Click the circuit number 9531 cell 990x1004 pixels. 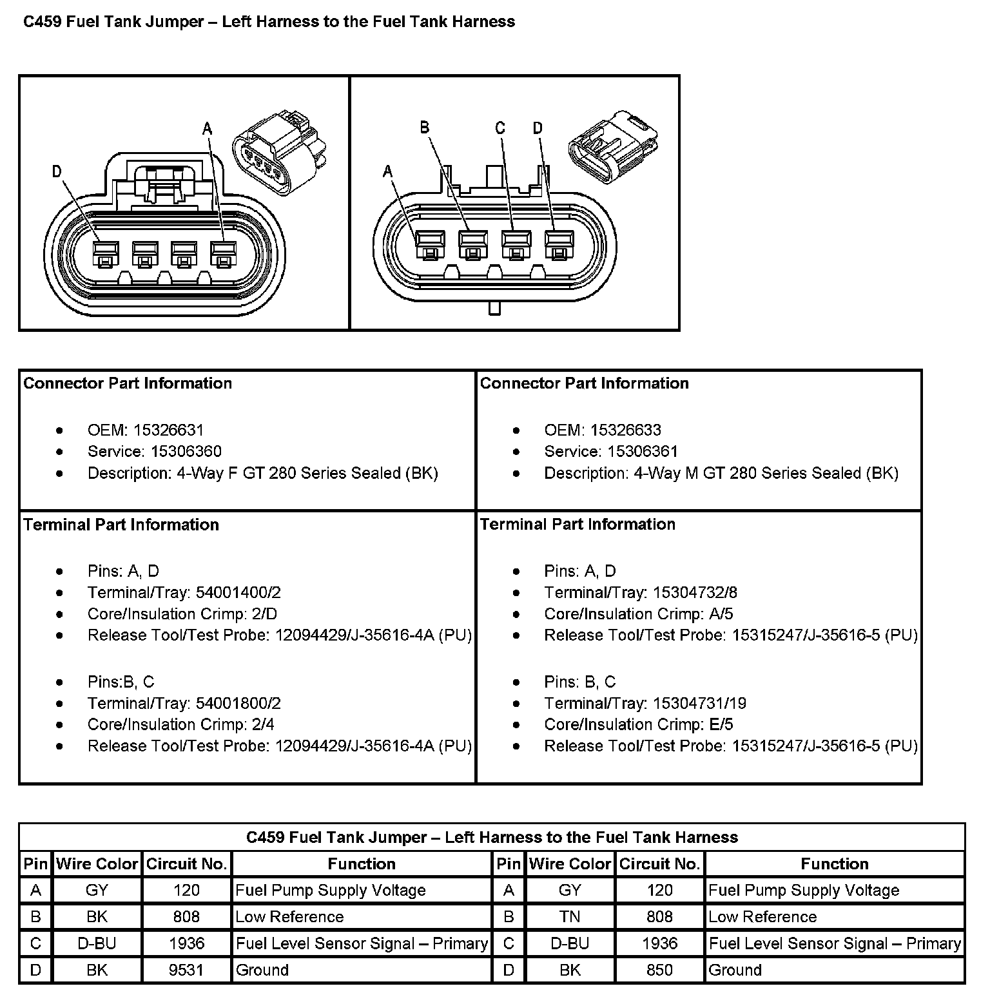[186, 970]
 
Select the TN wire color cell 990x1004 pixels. [570, 916]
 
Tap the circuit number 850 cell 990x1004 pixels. [659, 970]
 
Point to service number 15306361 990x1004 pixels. [634, 451]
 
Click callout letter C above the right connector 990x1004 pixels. [500, 128]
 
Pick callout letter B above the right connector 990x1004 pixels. [424, 128]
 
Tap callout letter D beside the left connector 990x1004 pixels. [57, 171]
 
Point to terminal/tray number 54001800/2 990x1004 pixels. [238, 703]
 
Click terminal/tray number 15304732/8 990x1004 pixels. [695, 592]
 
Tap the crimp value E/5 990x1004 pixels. [721, 724]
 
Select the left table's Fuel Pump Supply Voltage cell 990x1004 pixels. [331, 890]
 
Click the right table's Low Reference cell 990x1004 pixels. [762, 916]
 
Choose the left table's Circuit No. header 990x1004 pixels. [186, 864]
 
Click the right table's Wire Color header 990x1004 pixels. [570, 864]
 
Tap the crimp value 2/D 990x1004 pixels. [264, 613]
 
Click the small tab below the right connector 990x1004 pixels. [494, 308]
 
